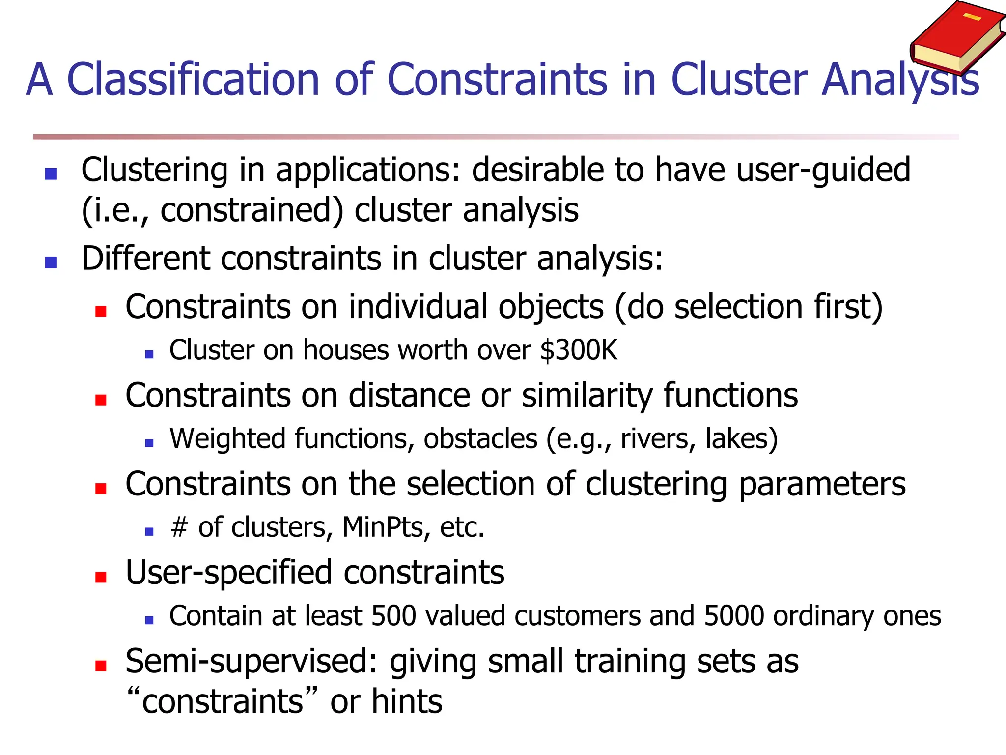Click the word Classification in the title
point(193,80)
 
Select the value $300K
point(578,350)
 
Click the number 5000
point(734,616)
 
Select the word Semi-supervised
point(251,662)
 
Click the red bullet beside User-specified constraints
point(101,577)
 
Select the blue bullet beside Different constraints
point(51,262)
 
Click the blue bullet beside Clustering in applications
point(51,174)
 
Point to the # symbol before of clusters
point(179,527)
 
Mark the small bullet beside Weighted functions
point(150,443)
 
